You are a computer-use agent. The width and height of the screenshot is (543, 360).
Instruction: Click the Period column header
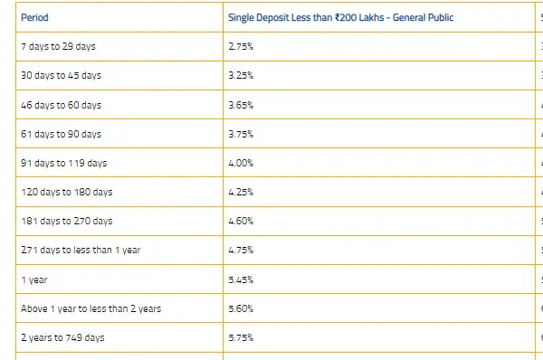tap(34, 17)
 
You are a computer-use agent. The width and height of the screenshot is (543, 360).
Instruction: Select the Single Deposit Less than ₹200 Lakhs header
tap(340, 17)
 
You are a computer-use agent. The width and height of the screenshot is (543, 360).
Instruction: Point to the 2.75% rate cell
tap(240, 46)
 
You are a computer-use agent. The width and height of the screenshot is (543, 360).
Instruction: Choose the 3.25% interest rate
tap(240, 76)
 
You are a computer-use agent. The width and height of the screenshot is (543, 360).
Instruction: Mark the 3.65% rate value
tap(240, 105)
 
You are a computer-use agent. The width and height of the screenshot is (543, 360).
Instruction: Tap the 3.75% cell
tap(240, 134)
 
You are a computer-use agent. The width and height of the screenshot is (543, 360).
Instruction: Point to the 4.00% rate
tap(241, 163)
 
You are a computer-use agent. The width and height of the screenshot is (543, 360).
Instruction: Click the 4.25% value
tap(241, 192)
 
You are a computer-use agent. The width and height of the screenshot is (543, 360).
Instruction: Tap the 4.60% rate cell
tap(241, 221)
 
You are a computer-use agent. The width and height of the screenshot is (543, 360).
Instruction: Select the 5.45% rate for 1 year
tap(241, 279)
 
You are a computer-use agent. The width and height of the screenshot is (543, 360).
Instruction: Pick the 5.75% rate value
tap(241, 337)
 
